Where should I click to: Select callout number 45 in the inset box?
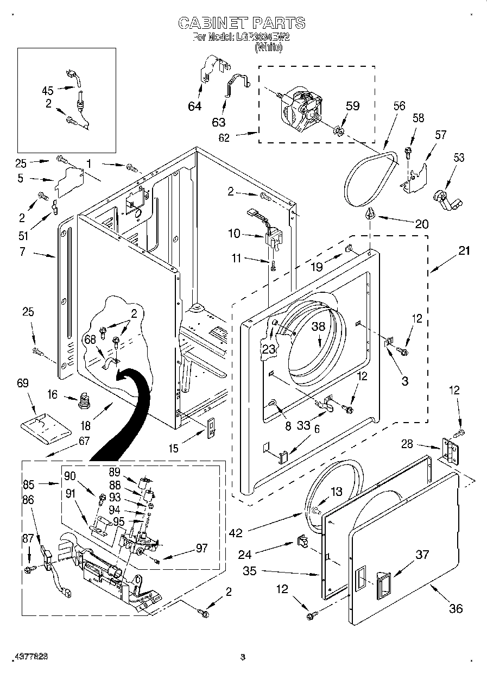(48, 90)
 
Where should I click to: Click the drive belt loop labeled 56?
(375, 177)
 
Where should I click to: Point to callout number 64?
(194, 106)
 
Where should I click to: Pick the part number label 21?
(464, 251)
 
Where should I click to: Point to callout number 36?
(456, 608)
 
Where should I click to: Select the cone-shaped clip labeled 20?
(371, 213)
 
